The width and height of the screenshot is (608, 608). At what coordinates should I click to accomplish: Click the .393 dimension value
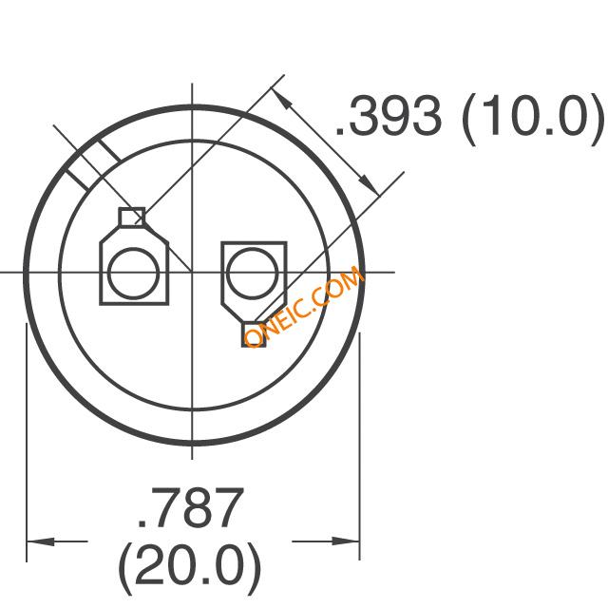tap(388, 118)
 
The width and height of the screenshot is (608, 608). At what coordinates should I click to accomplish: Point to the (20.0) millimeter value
tap(189, 567)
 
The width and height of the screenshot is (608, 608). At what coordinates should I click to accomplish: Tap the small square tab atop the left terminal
tap(131, 218)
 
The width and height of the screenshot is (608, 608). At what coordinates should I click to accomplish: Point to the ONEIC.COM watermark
tap(304, 306)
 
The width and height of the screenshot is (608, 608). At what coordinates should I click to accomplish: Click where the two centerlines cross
tap(192, 273)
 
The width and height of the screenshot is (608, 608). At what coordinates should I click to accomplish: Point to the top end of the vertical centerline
tap(192, 84)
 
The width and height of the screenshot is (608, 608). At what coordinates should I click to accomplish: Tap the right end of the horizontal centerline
tap(392, 273)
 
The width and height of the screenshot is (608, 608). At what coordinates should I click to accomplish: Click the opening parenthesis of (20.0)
tap(125, 567)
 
